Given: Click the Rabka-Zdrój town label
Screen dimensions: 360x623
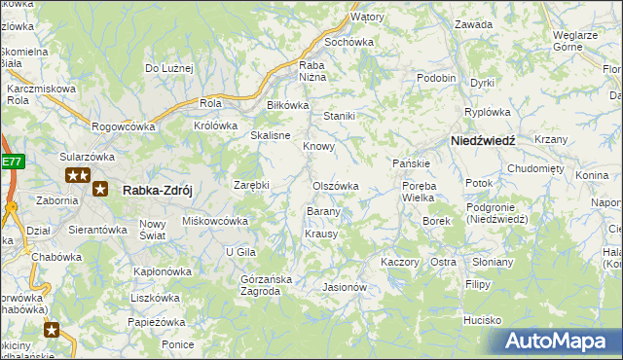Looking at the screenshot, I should click(161, 191).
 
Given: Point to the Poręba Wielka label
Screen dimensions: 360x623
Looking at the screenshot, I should click(419, 192).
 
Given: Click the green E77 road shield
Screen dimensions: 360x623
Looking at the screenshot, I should click(11, 161).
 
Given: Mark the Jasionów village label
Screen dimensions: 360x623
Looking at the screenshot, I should click(344, 287).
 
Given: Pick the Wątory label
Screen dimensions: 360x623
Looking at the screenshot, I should click(367, 18).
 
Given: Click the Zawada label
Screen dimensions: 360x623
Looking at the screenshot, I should click(473, 24).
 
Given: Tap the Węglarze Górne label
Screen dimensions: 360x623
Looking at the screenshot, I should click(574, 40).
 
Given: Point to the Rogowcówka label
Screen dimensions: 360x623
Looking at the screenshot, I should click(124, 126).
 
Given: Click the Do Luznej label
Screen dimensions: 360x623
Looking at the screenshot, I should click(170, 68).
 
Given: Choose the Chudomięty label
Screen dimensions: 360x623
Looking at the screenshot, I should click(536, 167).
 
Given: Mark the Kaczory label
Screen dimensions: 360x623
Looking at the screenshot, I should click(399, 263).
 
